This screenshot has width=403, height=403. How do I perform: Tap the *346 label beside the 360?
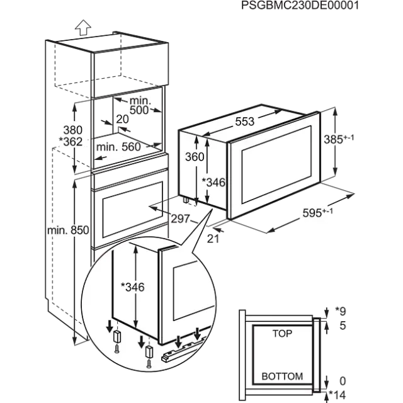(x=214, y=183)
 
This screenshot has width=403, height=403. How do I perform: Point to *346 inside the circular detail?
(x=133, y=287)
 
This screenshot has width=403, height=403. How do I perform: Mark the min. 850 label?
(x=67, y=231)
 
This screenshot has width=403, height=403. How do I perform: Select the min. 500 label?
(x=137, y=106)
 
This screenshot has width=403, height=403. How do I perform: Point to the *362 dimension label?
(x=69, y=142)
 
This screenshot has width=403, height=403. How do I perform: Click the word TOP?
(x=281, y=333)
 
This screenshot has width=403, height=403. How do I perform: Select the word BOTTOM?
(x=281, y=377)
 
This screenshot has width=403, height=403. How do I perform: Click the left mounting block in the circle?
(x=116, y=338)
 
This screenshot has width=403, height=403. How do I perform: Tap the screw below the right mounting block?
(x=149, y=363)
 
